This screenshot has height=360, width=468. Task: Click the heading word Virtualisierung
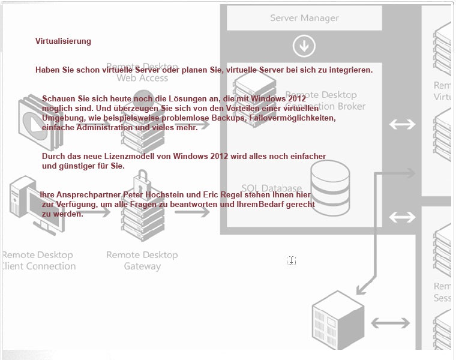63,41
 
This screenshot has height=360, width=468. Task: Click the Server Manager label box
304,18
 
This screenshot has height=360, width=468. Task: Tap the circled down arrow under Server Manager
304,46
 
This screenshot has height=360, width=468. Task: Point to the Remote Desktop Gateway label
142,260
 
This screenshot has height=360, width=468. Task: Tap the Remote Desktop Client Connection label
38,260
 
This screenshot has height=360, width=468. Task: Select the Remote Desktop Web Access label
142,72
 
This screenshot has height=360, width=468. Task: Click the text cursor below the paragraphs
291,260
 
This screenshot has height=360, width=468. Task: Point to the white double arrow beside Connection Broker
402,124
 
